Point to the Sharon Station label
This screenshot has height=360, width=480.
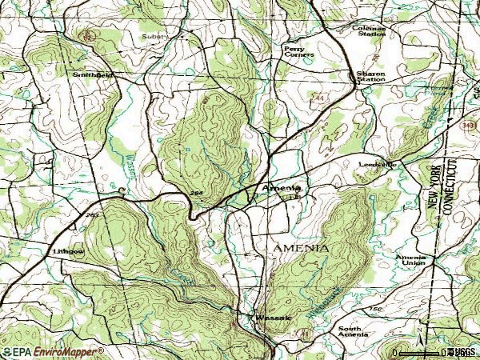(371, 77)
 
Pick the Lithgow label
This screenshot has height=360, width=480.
(68, 251)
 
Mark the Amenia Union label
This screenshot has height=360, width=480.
(410, 260)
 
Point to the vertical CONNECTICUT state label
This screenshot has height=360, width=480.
(450, 187)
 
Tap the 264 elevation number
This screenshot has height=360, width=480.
(197, 194)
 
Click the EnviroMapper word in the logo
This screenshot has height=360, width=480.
(70, 352)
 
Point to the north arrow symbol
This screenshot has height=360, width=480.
(418, 330)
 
